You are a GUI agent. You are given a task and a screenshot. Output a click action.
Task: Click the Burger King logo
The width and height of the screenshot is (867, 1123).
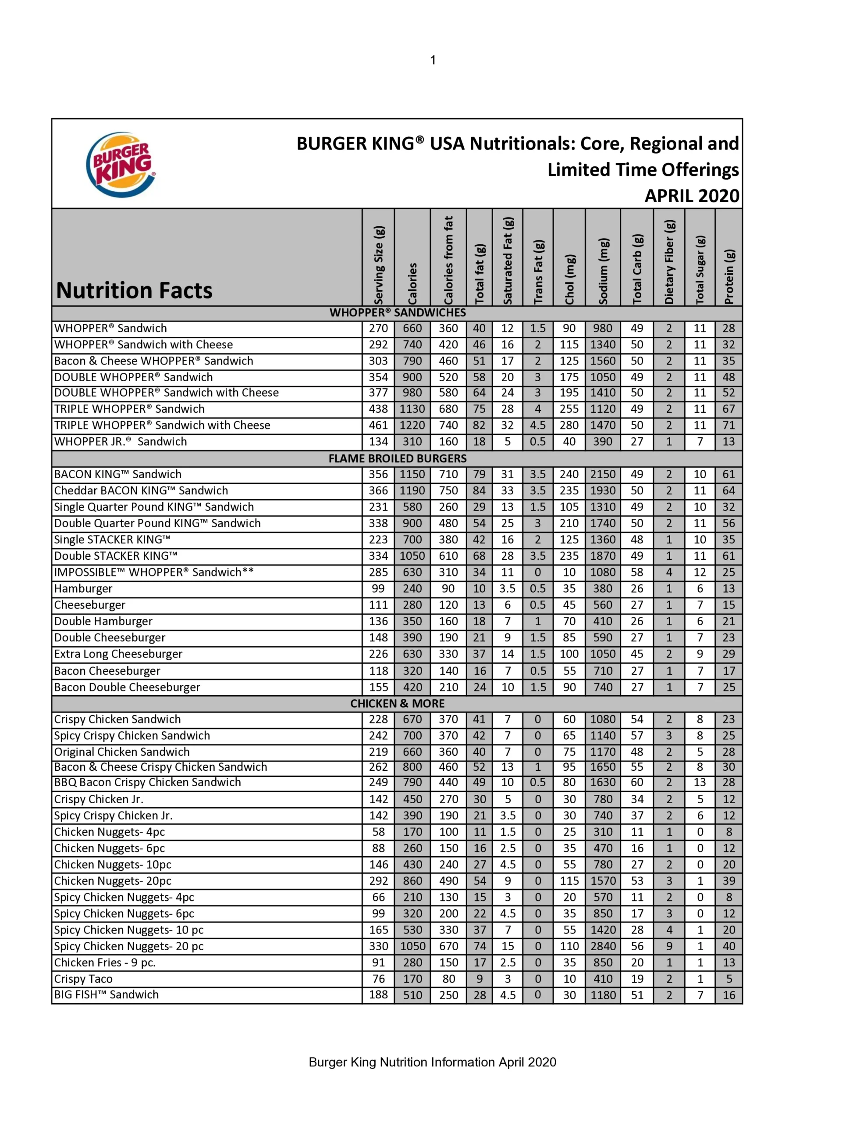pos(121,165)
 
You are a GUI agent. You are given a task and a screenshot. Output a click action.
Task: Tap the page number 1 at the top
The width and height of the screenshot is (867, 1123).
pos(433,60)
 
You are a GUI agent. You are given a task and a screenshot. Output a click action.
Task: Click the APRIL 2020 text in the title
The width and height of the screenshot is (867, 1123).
pos(692,196)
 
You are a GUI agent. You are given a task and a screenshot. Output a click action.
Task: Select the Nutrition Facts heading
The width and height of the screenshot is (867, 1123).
pos(134,290)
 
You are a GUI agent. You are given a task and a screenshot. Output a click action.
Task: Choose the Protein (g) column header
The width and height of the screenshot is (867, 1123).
pos(729,277)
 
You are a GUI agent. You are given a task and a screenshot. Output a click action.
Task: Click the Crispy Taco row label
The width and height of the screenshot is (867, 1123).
pos(83,979)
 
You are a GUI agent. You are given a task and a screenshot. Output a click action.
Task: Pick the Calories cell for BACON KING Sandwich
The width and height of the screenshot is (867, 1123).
pos(412,474)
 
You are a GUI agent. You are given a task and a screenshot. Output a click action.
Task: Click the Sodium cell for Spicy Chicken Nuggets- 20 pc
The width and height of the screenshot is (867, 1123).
pos(603,946)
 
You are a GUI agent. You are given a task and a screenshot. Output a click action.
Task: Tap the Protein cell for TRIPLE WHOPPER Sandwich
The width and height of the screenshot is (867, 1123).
pos(729,409)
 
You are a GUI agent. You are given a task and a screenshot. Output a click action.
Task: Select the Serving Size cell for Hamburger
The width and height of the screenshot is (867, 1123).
pos(378,589)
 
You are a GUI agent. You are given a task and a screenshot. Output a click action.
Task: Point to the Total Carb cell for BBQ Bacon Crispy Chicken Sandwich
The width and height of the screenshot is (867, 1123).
pos(637,783)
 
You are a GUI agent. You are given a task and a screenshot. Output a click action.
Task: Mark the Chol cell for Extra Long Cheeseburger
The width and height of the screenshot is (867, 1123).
pos(569,654)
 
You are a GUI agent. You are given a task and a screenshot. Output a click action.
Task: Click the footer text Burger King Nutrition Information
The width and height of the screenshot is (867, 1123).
pos(432,1062)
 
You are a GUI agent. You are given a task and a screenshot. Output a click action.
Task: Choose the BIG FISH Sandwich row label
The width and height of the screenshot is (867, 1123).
pos(107,995)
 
